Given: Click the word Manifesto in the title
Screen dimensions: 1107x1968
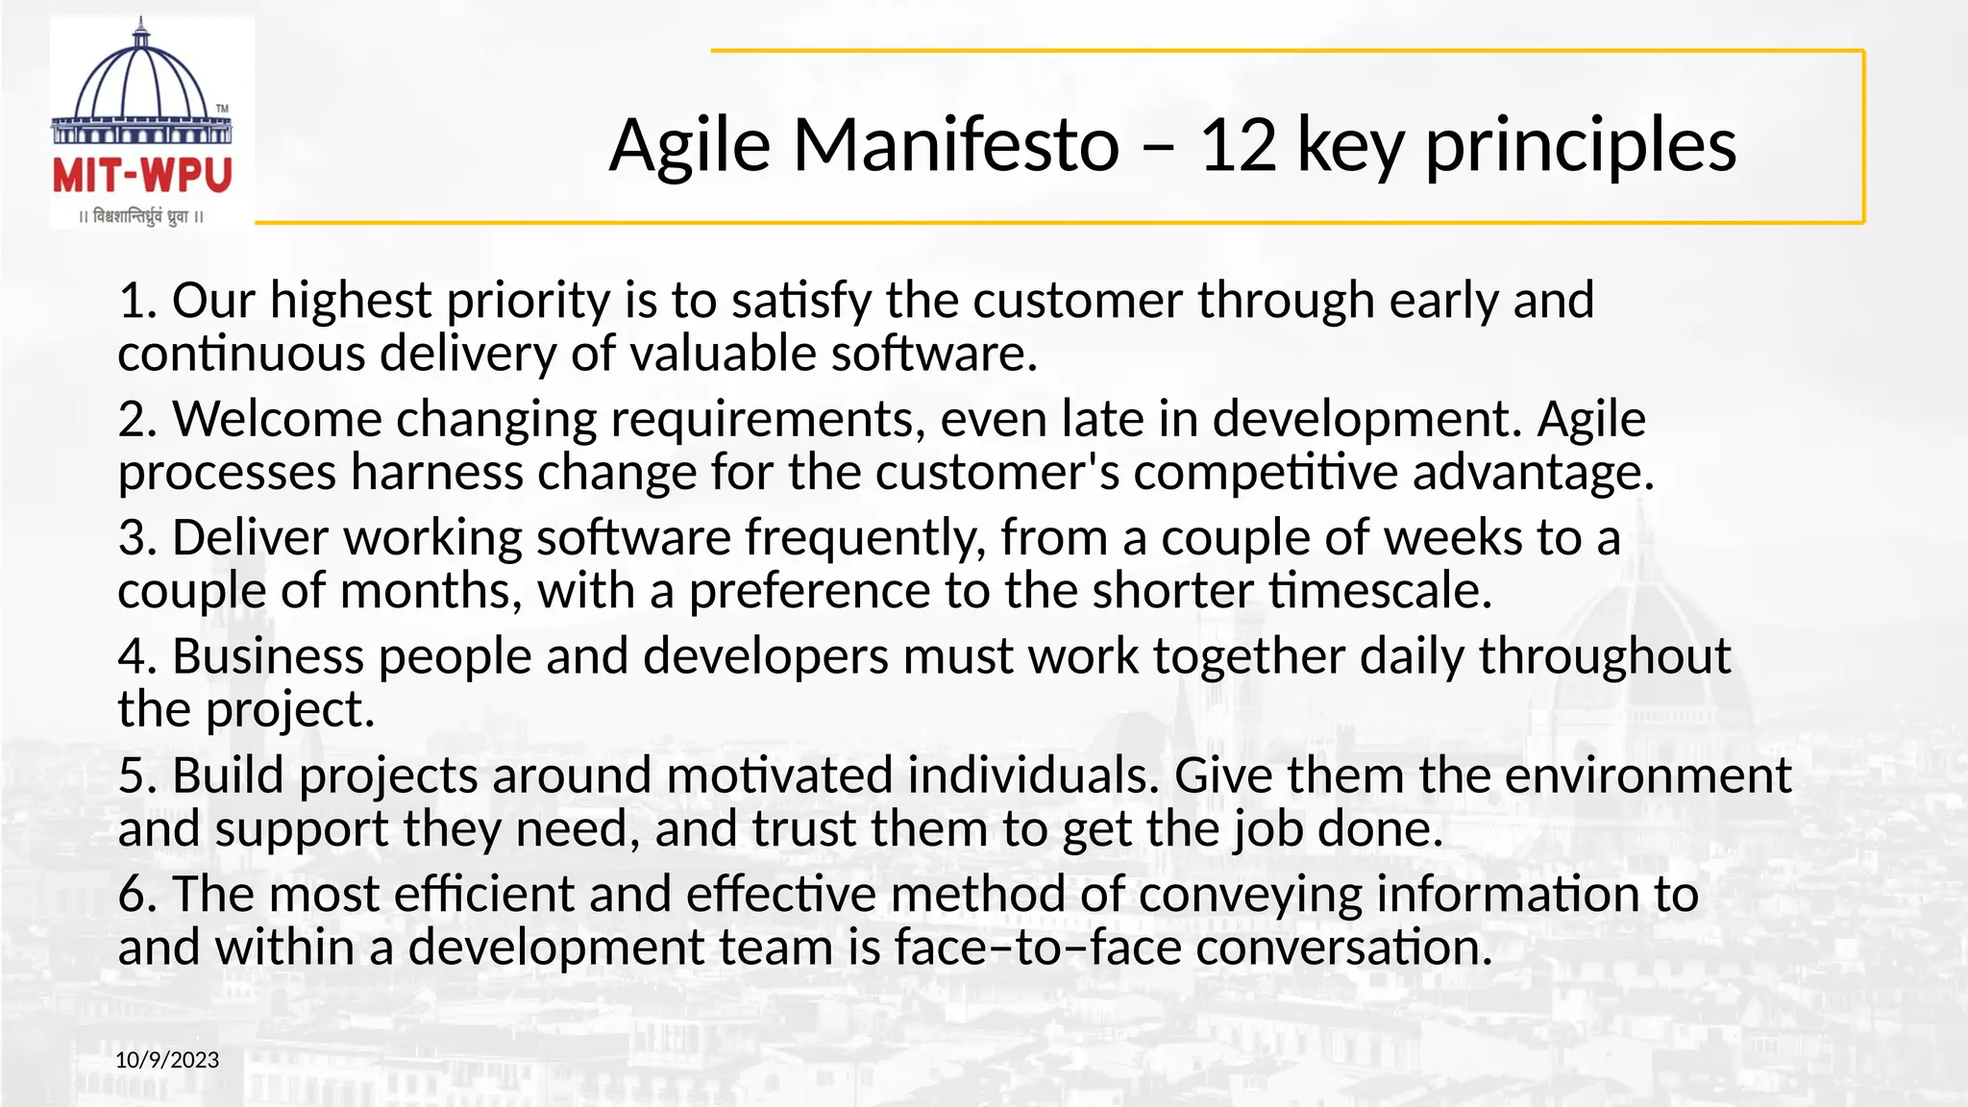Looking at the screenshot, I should (956, 146).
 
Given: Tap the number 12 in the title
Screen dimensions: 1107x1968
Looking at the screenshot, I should (1239, 146).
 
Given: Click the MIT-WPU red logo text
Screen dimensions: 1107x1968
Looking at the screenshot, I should (142, 176).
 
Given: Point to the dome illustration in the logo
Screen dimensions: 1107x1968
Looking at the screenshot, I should (141, 82).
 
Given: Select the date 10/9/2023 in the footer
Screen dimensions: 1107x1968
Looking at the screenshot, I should (167, 1060).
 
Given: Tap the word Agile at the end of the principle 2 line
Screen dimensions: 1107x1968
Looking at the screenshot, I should (1591, 419).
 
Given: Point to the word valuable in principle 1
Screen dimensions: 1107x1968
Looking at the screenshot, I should (723, 354).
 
